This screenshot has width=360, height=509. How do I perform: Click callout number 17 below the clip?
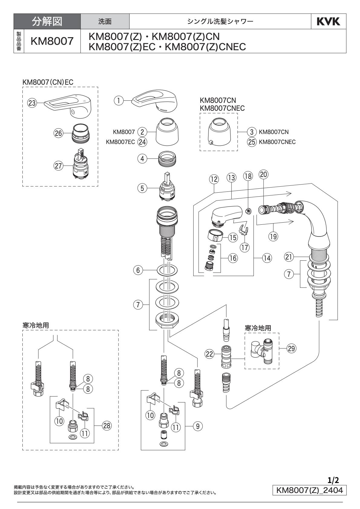point(244,247)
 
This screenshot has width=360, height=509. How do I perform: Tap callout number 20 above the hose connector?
point(263,175)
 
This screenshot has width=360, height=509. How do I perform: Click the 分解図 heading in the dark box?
point(47,21)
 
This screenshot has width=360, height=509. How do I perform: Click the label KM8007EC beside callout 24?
point(120,142)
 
